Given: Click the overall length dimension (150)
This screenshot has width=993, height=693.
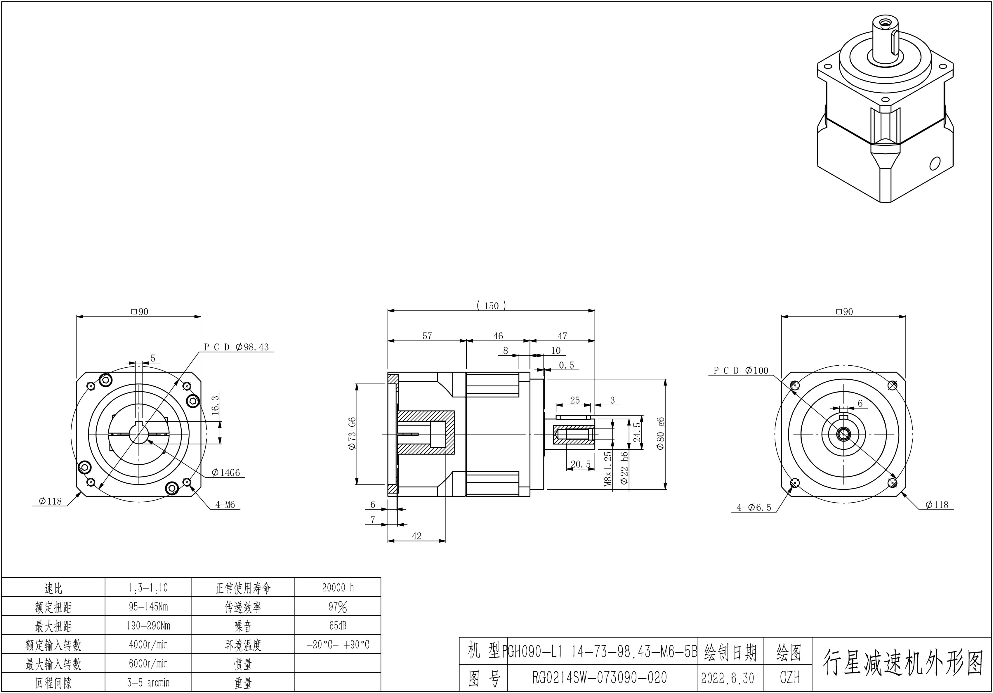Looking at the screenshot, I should [491, 306].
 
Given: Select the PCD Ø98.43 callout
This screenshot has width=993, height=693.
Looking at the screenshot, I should [237, 347].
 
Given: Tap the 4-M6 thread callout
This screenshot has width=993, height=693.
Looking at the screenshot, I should [225, 504].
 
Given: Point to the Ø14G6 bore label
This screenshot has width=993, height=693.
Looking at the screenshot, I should [226, 473].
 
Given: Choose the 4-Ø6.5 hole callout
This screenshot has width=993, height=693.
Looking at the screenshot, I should [754, 508].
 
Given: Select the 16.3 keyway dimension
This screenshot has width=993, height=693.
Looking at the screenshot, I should [215, 405].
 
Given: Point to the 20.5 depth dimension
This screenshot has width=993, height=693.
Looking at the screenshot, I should [580, 464].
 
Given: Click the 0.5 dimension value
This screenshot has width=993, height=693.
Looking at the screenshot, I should [566, 365].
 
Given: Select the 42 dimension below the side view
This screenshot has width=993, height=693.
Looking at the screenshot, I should [416, 536].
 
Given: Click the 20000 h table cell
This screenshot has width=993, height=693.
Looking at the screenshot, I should [338, 588].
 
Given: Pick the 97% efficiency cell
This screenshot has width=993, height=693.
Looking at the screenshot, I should [338, 607].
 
